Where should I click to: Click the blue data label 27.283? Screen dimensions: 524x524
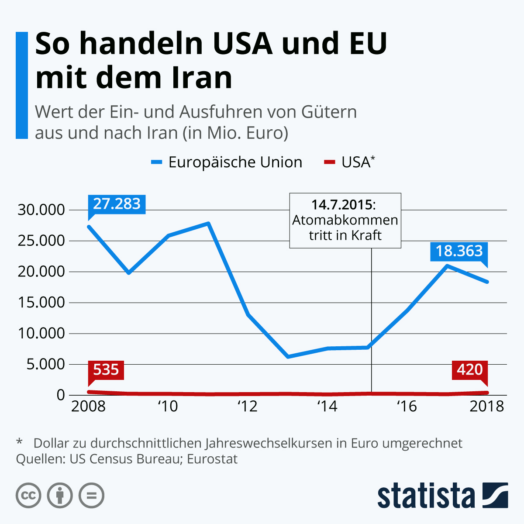pyautogui.click(x=117, y=204)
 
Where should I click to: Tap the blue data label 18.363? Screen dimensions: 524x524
pyautogui.click(x=459, y=251)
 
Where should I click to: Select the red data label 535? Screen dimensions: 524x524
pyautogui.click(x=106, y=370)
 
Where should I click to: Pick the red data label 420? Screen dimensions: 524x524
pyautogui.click(x=469, y=370)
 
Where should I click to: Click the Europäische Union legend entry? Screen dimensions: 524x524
pyautogui.click(x=235, y=162)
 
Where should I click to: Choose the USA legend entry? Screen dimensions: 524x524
pyautogui.click(x=356, y=162)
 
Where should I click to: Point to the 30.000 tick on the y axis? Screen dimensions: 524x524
pyautogui.click(x=41, y=210)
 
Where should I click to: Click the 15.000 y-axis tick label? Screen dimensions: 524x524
pyautogui.click(x=41, y=303)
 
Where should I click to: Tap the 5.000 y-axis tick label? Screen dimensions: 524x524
pyautogui.click(x=45, y=364)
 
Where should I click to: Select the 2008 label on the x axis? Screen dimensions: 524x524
pyautogui.click(x=88, y=407)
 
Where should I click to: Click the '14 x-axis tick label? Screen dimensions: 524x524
pyautogui.click(x=327, y=407)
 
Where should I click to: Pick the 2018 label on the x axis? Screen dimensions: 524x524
pyautogui.click(x=486, y=407)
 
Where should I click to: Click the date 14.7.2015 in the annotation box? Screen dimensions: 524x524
pyautogui.click(x=343, y=205)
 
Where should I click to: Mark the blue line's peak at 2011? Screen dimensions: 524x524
pyautogui.click(x=209, y=224)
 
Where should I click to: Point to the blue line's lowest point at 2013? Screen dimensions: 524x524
pyautogui.click(x=288, y=357)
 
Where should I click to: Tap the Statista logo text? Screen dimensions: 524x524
pyautogui.click(x=426, y=496)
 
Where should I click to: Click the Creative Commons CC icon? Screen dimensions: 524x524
pyautogui.click(x=28, y=496)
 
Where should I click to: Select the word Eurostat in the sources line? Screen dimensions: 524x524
pyautogui.click(x=212, y=459)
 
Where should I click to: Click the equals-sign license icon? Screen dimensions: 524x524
pyautogui.click(x=91, y=496)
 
